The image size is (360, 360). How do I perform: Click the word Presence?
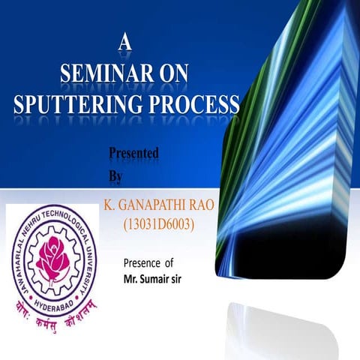tap(142, 263)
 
